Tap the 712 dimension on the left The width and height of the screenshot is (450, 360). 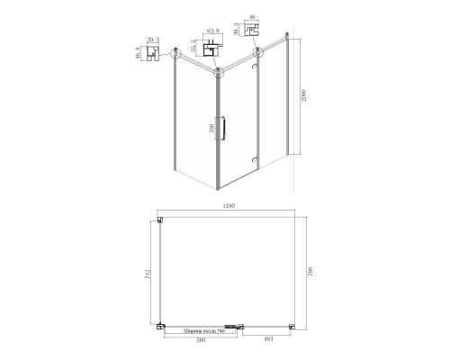[x=150, y=274]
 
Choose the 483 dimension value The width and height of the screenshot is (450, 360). [x=266, y=338]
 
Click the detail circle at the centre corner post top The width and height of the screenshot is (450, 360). [x=219, y=73]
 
